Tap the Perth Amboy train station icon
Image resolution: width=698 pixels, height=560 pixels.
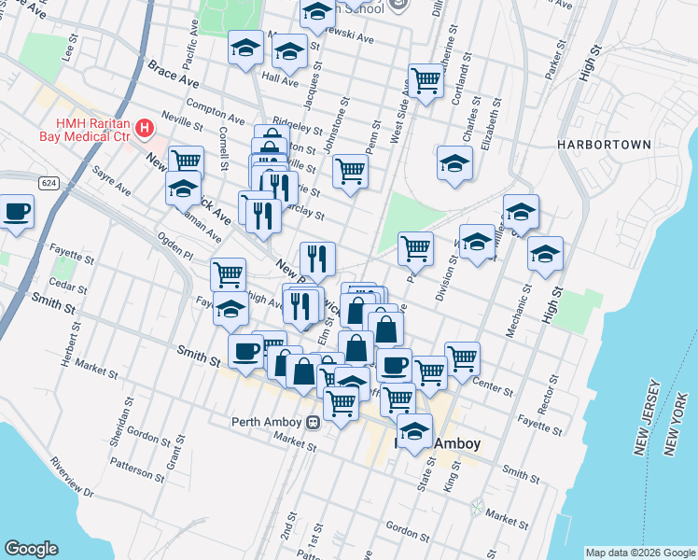[x=314, y=421]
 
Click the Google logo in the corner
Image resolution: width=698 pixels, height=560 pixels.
[x=31, y=549]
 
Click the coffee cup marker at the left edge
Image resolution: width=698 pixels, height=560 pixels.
[x=16, y=210]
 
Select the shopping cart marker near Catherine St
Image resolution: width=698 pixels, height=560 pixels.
[x=426, y=80]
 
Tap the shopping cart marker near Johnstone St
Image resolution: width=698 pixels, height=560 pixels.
[x=350, y=170]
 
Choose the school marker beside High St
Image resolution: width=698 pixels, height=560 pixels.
[x=545, y=253]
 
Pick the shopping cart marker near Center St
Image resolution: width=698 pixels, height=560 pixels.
[x=462, y=357]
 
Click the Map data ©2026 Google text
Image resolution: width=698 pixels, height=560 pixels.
[x=639, y=553]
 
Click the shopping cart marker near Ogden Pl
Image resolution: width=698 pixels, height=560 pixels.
[x=228, y=273]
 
